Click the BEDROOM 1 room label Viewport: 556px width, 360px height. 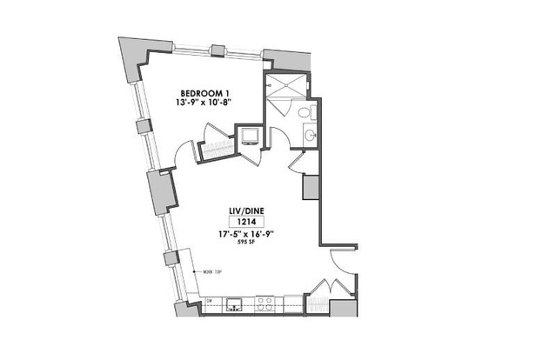pyautogui.click(x=204, y=93)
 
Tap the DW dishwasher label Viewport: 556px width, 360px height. pyautogui.click(x=209, y=301)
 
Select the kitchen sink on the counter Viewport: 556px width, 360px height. pyautogui.click(x=232, y=304)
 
